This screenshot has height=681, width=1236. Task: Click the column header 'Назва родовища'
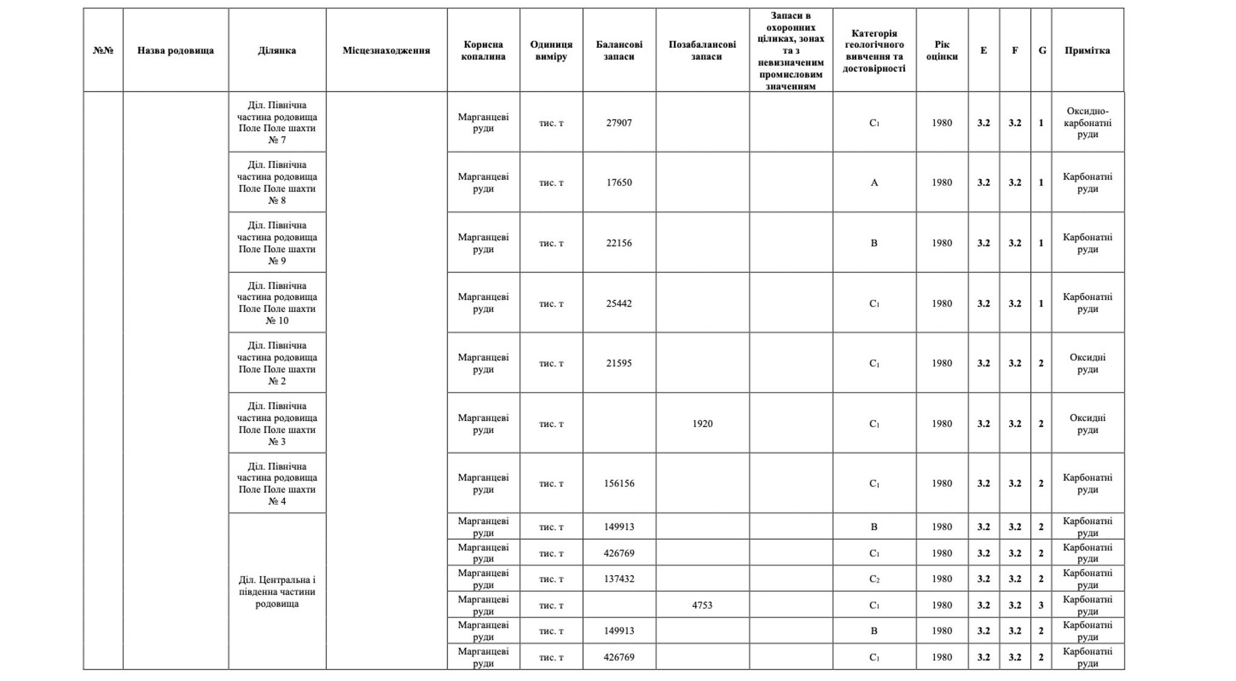(x=175, y=50)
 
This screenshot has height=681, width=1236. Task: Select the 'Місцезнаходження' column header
(x=386, y=50)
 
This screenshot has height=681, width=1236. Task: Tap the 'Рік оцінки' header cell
(x=942, y=50)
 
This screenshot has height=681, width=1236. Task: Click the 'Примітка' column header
(x=1087, y=50)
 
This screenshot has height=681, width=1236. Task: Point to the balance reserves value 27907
(x=619, y=122)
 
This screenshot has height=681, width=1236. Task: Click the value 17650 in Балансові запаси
(x=619, y=182)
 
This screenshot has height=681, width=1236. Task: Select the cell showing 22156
(x=619, y=243)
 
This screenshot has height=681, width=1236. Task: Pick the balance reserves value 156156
(x=619, y=483)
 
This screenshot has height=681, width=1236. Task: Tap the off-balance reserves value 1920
(x=702, y=424)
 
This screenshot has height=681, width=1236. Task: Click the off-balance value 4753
(x=702, y=605)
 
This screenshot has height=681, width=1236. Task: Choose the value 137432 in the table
(x=619, y=579)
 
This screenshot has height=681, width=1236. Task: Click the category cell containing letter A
(x=874, y=182)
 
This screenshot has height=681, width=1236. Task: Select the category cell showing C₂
(x=874, y=579)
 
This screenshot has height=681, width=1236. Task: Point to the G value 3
(x=1041, y=605)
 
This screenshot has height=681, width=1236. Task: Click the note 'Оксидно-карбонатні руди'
(x=1087, y=122)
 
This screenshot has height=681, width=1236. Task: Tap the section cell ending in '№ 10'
(x=277, y=303)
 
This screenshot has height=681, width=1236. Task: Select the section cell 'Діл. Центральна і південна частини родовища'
(x=277, y=591)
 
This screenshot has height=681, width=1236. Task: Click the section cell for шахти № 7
(x=277, y=122)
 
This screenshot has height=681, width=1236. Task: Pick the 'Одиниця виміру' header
(x=551, y=50)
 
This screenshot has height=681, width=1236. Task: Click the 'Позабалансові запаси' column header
(x=702, y=50)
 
